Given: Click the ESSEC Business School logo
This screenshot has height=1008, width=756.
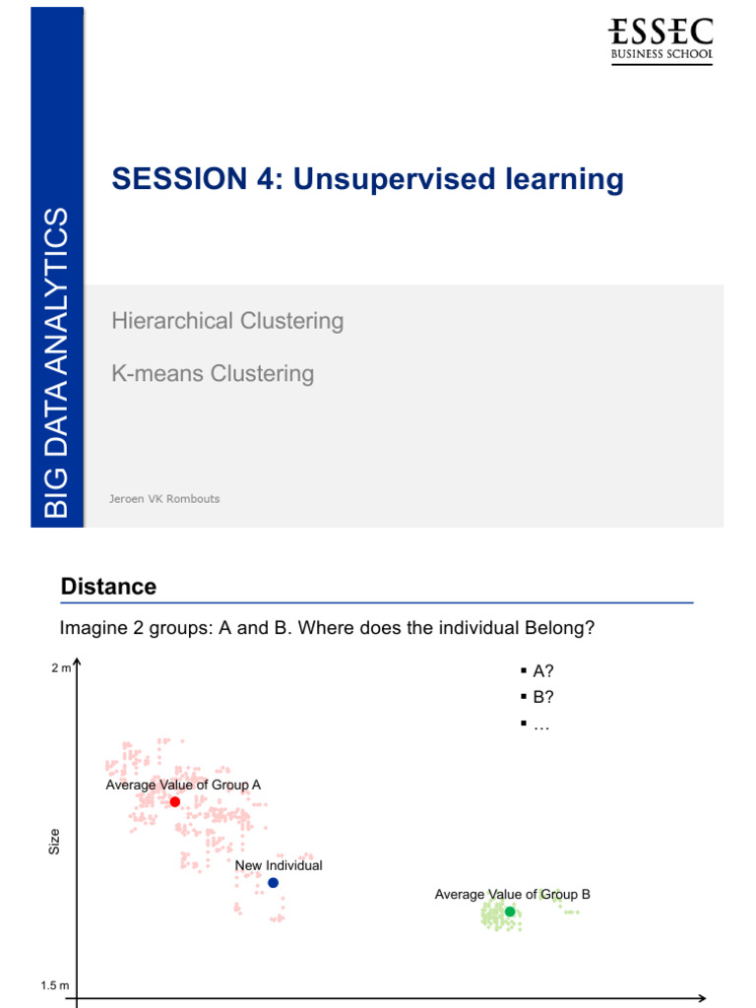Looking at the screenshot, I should point(661,39).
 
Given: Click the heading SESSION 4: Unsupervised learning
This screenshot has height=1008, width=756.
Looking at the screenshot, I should point(367,179).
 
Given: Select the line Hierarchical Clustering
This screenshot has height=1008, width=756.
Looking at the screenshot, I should point(227,321).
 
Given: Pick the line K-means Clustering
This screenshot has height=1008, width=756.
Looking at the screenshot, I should point(213,374).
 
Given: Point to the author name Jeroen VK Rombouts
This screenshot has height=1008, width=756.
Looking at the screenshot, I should point(164,499).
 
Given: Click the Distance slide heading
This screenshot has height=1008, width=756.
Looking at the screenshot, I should point(108,587).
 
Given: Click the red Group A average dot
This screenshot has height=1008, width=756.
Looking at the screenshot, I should point(175,802).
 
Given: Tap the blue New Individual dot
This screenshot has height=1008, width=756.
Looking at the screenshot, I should point(273,883).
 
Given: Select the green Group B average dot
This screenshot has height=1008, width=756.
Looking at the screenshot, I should point(510,912).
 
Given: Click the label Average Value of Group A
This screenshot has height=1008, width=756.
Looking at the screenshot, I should point(183,785).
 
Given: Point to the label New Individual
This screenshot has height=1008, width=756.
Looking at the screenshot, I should point(279,865).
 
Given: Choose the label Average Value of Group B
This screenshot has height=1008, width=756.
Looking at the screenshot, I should point(512,894).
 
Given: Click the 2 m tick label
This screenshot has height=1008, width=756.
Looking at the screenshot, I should point(61,668).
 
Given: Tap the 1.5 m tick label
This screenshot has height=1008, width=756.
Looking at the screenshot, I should point(55,985).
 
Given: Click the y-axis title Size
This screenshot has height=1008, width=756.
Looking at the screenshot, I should point(55,842).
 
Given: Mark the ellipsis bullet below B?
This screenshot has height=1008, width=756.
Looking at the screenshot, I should point(540,724).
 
